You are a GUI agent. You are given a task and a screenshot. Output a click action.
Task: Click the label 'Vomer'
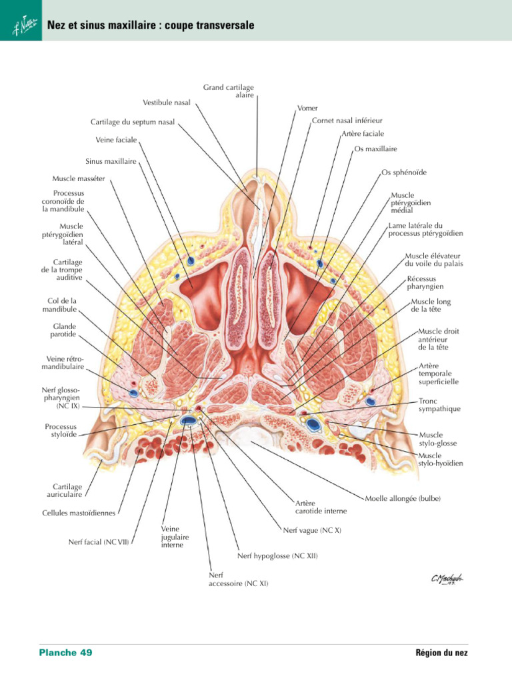pos(307,108)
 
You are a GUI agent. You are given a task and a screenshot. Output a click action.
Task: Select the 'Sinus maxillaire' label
pos(111,161)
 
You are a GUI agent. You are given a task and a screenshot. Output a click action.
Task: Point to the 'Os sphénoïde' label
pos(404,172)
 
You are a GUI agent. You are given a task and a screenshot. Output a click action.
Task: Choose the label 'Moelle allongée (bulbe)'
pos(403,498)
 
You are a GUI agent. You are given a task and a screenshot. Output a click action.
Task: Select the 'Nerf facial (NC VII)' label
pos(99,541)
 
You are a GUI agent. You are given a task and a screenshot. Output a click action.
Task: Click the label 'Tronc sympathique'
pos(439,405)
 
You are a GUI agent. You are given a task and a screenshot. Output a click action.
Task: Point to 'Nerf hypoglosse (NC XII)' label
pos(278,555)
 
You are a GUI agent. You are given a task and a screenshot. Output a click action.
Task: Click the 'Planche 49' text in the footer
pos(65,652)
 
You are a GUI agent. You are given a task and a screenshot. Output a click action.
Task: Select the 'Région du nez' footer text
pos(442,653)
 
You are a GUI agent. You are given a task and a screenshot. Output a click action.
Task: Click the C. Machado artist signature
pos(447,579)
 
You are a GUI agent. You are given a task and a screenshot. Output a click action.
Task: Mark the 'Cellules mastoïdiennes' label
pos(79,513)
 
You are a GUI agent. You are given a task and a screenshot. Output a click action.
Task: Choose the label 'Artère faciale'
pos(363,134)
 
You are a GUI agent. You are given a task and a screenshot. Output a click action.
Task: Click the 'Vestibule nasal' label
pos(166,103)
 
